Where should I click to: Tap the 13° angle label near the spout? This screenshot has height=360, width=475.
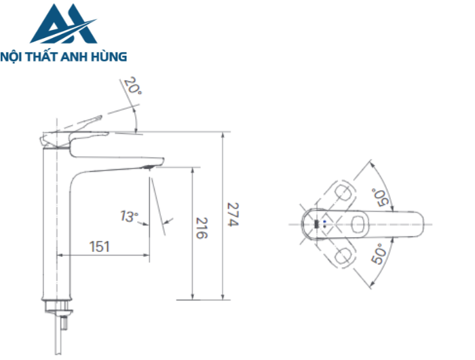click(128, 217)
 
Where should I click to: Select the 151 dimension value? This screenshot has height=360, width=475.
click(100, 247)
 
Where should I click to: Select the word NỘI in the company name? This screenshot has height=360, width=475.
click(14, 57)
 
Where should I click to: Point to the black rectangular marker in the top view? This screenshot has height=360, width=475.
click(316, 223)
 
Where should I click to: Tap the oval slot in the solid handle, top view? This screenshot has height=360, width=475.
click(358, 223)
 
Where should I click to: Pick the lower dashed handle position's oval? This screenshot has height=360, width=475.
click(345, 256)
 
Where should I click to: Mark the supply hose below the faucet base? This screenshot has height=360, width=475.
click(63, 336)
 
